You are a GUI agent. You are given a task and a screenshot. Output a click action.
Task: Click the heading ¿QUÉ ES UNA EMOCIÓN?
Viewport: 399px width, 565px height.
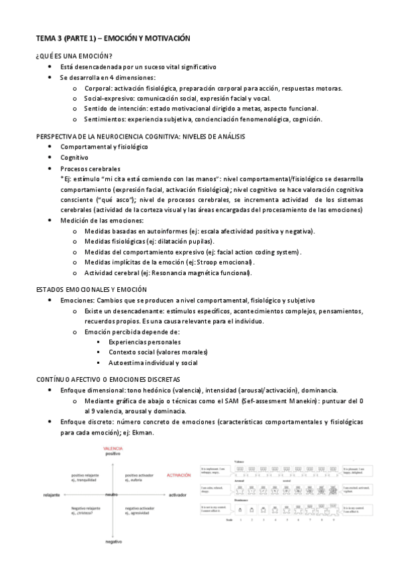[x=74, y=56]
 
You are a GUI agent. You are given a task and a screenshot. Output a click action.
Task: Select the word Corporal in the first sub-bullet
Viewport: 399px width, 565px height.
[x=98, y=88]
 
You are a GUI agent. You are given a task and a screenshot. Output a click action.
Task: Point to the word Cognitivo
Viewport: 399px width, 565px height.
[x=75, y=158]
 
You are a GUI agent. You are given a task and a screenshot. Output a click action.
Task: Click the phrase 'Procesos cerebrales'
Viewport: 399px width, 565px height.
[x=91, y=169]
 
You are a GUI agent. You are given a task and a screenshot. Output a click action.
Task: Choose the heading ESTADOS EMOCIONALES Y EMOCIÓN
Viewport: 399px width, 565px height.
[x=91, y=290]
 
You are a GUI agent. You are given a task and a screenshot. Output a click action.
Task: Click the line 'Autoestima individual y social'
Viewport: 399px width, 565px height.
[x=153, y=363]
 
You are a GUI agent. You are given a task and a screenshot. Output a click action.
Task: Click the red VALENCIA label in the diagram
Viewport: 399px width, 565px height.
[x=113, y=448]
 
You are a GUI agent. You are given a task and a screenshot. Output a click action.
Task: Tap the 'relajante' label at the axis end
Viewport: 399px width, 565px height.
[x=51, y=495]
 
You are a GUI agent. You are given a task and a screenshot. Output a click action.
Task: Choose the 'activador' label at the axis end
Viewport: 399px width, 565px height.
[x=177, y=495]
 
